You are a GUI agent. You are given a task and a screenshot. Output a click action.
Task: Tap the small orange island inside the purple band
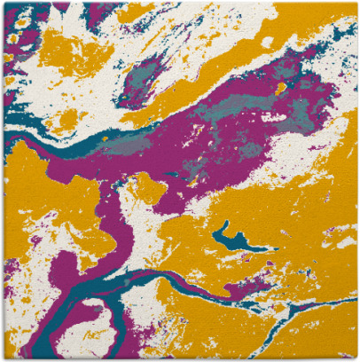tap(281, 88)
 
